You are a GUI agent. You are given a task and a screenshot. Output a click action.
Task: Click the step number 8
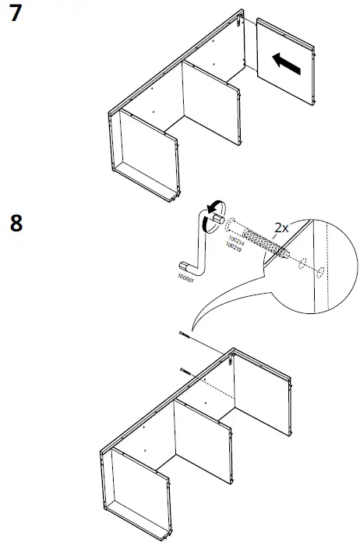point(16,223)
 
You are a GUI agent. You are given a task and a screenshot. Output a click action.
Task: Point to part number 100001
point(185,277)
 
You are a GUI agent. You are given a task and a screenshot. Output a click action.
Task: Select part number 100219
point(231,248)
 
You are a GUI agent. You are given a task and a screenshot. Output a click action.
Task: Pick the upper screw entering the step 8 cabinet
point(183,336)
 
